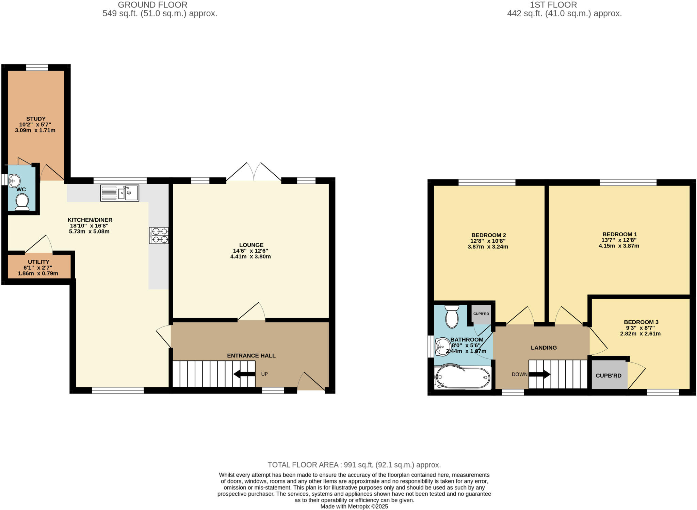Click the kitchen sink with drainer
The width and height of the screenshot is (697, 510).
click(119, 193)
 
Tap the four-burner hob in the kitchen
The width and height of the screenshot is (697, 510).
click(159, 235)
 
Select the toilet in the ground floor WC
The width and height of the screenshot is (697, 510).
click(22, 202)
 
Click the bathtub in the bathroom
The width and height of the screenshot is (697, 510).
click(463, 378)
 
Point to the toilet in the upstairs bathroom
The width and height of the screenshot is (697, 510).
click(452, 317)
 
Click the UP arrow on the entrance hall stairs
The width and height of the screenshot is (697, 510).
click(244, 374)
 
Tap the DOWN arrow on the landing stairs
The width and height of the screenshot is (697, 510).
click(539, 374)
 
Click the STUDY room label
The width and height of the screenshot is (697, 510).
click(36, 119)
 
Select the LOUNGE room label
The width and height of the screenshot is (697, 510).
click(251, 245)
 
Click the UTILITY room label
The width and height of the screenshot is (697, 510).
click(38, 262)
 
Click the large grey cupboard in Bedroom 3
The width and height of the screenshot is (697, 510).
click(609, 376)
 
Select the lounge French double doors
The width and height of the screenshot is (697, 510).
click(254, 172)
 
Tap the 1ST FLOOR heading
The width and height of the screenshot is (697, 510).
click(553, 5)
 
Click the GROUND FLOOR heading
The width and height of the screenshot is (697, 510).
click(152, 5)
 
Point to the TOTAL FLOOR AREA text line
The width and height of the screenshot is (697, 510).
click(354, 465)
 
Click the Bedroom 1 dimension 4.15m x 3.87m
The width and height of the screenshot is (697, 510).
click(619, 246)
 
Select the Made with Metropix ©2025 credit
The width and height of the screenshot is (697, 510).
click(354, 507)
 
